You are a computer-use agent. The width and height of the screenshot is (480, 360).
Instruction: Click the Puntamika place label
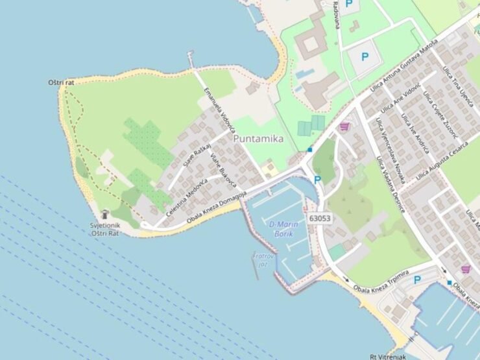point(258,138)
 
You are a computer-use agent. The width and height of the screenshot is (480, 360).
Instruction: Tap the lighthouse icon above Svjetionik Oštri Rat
point(105,215)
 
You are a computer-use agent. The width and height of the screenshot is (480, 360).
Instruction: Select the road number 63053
point(320,219)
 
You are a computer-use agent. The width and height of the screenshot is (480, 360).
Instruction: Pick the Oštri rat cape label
point(62,83)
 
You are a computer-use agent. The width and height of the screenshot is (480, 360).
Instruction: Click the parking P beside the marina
point(318,180)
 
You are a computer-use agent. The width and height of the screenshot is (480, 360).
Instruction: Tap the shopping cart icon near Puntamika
point(344,126)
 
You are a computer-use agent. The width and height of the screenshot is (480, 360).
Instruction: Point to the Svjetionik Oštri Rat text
point(105,229)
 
